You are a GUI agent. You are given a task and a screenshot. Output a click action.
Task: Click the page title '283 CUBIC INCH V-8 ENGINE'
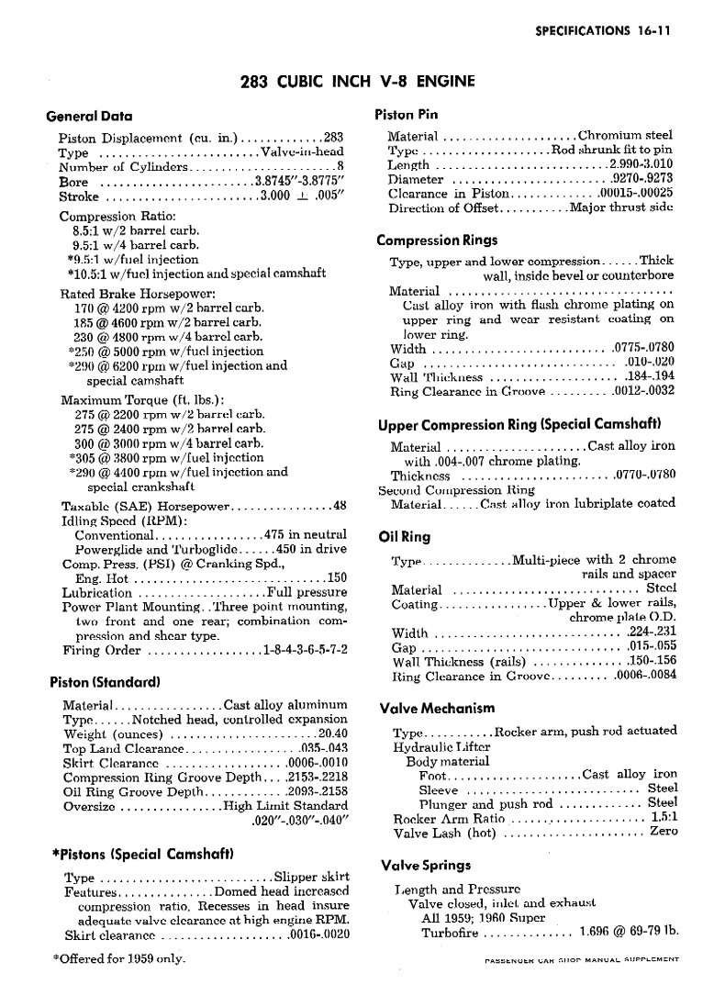357,82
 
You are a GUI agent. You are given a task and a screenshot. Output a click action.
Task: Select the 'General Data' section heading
89,117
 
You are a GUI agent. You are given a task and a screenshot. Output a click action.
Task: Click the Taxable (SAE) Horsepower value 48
339,505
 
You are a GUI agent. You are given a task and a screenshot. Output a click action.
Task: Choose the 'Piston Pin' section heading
407,115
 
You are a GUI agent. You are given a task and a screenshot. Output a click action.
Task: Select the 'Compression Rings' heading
437,241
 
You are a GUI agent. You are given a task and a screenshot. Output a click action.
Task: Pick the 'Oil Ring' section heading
404,536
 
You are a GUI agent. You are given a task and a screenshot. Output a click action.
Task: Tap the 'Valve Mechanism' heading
437,708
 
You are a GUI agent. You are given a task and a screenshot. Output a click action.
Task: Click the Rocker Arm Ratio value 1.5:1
664,817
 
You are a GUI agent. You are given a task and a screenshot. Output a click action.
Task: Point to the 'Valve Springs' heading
425,865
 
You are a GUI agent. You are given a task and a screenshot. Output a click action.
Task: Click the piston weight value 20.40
331,733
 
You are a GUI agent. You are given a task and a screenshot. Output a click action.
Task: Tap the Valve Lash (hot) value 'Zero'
663,832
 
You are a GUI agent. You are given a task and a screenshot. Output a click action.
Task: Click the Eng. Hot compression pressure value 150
337,578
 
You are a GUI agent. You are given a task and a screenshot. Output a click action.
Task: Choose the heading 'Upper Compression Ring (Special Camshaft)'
519,424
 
